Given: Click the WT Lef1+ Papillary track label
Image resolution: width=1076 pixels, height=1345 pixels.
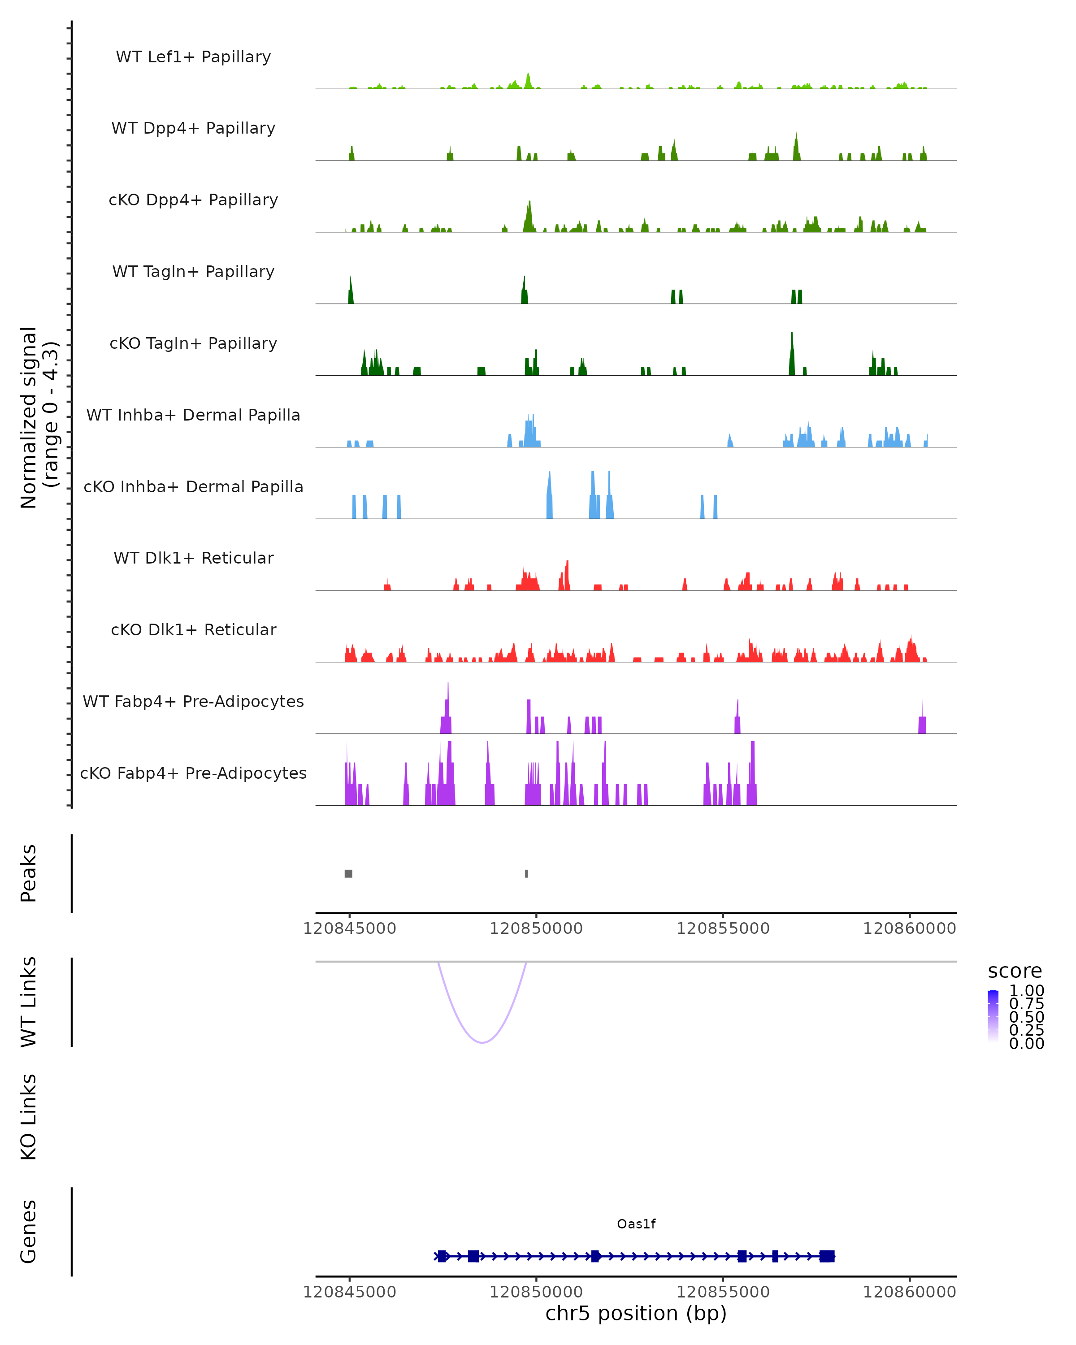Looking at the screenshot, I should tap(193, 57).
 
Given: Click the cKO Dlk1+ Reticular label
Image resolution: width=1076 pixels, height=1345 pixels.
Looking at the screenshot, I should tap(193, 629).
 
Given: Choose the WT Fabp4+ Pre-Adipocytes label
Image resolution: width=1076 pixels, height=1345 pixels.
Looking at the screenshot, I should tap(193, 701).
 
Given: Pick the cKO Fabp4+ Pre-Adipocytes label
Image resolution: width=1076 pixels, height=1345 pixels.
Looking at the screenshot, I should tap(193, 773).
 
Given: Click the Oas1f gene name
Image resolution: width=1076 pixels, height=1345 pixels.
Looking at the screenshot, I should tap(636, 1224).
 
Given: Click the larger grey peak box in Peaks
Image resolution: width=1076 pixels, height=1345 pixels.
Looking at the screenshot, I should tap(349, 873).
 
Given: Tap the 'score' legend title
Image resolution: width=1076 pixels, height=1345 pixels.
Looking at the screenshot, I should tap(1015, 972).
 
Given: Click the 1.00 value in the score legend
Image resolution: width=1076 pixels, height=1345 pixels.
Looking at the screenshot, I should tap(1026, 991).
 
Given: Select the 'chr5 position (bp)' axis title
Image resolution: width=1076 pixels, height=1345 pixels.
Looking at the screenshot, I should tap(636, 1313).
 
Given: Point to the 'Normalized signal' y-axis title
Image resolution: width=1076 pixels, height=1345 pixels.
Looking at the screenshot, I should tap(29, 417).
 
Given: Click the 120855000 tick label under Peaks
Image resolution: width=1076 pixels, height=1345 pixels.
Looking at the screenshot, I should tap(723, 929).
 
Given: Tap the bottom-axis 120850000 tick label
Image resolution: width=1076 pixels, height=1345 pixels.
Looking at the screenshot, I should tap(536, 1292).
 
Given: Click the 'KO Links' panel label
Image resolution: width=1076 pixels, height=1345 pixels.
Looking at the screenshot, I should tap(29, 1117).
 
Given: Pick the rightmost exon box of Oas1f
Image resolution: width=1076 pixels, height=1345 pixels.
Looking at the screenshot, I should tap(827, 1256).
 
